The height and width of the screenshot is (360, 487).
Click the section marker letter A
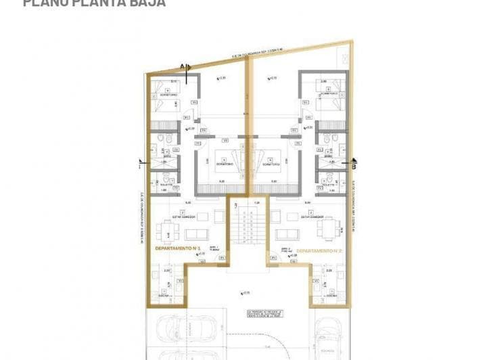click(183, 66)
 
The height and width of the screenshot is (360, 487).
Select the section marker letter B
click(354, 163)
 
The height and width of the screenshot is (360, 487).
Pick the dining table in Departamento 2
click(328, 228)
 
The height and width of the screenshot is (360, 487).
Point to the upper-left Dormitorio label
click(164, 95)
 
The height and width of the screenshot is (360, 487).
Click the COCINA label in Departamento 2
click(331, 296)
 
